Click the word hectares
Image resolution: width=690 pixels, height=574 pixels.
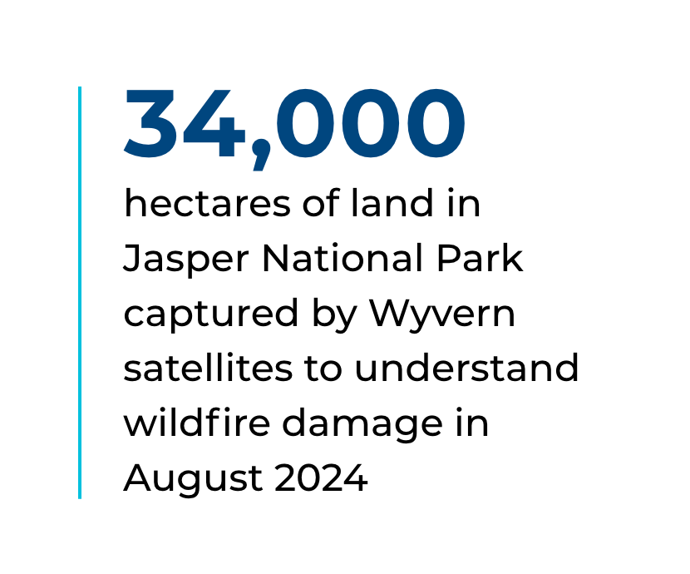coord(207,203)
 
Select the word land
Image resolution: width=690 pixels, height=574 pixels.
coord(392,202)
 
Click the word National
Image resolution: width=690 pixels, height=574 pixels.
coord(343,258)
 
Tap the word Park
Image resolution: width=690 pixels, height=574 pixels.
coord(481,258)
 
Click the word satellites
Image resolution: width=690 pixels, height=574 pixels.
coord(208,368)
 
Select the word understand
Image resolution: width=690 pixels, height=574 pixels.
coord(466,368)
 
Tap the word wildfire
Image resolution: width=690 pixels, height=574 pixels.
coord(197,423)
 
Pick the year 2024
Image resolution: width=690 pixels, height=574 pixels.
coord(321,478)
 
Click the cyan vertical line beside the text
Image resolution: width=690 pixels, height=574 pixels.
coord(80,293)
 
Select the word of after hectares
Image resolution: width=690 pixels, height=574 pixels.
coord(321,202)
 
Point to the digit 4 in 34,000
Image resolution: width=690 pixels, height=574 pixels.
coord(214,123)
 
